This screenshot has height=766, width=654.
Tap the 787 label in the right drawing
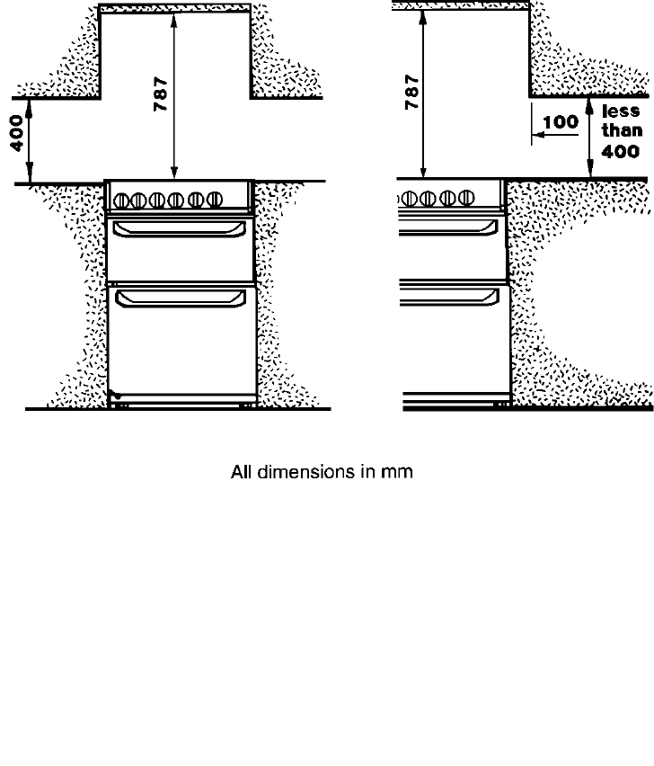[411, 91]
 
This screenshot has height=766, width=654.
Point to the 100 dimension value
[561, 121]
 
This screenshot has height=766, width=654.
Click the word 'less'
[621, 111]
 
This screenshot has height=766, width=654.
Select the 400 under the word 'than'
[621, 152]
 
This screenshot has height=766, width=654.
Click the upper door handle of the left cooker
[179, 231]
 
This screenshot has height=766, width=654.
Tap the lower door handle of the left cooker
[180, 298]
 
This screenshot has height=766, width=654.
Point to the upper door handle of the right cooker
[449, 231]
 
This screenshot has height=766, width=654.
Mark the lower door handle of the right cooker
[449, 298]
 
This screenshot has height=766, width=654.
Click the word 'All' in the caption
[242, 471]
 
